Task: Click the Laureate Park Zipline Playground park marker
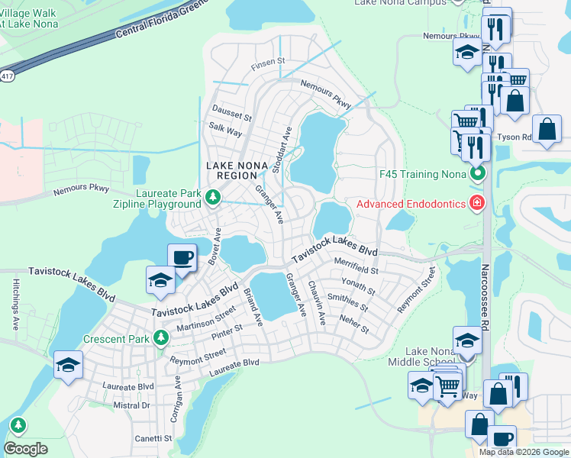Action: click(x=214, y=199)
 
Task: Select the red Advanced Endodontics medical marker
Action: click(x=477, y=202)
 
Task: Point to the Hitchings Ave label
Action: click(x=15, y=303)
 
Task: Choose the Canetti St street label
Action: click(x=153, y=438)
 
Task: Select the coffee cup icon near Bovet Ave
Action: click(x=182, y=258)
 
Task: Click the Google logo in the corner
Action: click(x=25, y=448)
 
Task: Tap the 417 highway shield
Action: click(x=6, y=76)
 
